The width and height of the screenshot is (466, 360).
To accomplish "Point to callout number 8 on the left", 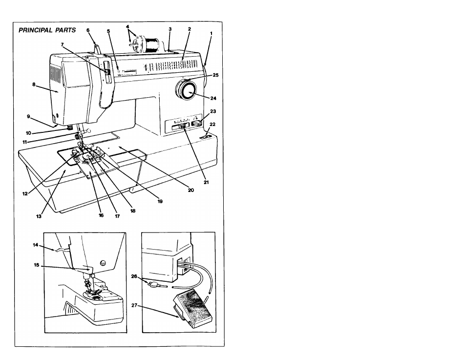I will tap(34, 84).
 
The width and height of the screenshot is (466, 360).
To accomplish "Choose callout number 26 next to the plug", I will tap(134, 276).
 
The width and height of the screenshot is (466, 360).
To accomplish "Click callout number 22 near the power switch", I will tap(212, 124).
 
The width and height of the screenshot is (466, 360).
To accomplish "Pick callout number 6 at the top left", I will tap(88, 30).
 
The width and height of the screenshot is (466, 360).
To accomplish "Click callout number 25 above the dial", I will tap(215, 75).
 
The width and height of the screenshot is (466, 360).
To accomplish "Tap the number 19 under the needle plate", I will tap(160, 201).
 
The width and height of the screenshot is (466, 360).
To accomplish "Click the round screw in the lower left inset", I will tap(103, 263).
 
